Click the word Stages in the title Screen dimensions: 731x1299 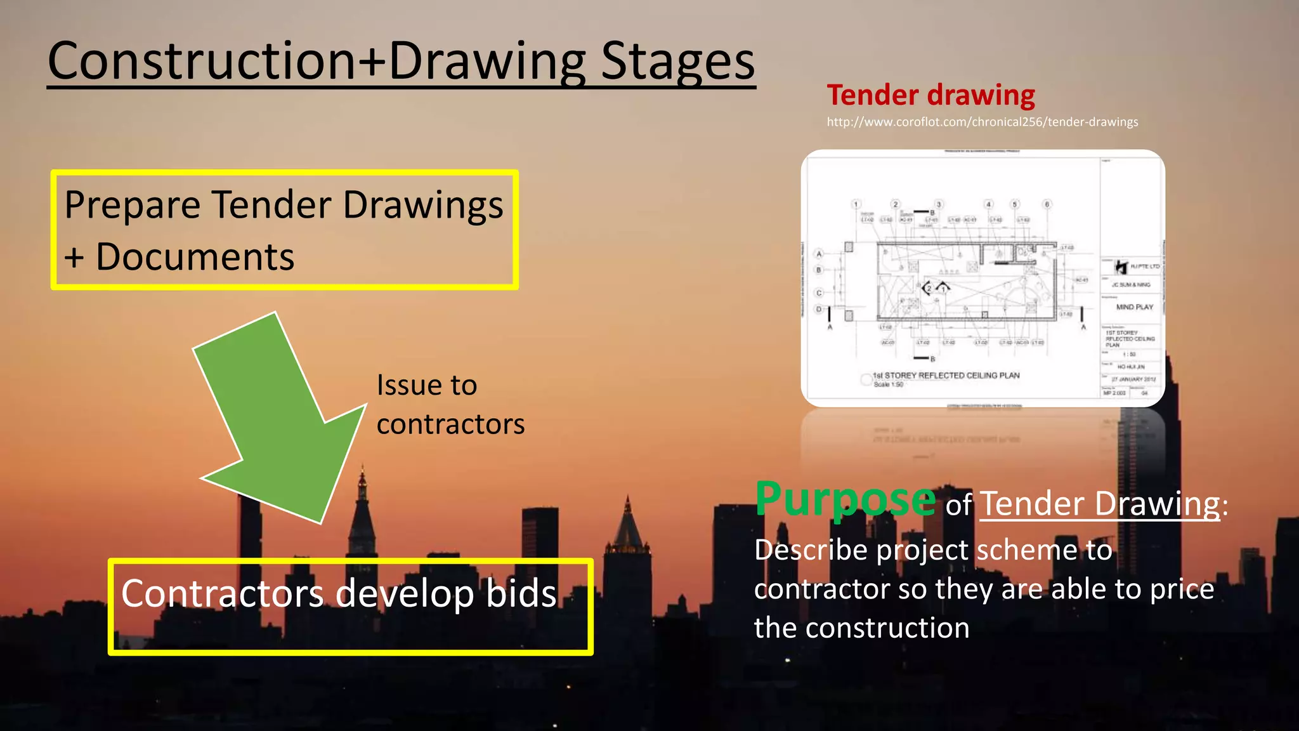pyautogui.click(x=677, y=62)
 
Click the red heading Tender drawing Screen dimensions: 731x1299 pyautogui.click(x=930, y=95)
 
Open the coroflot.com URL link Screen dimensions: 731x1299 pyautogui.click(x=982, y=122)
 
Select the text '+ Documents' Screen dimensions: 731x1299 pyautogui.click(x=180, y=257)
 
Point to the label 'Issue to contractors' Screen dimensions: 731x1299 pyautogui.click(x=450, y=404)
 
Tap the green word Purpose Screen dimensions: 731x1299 pyautogui.click(x=845, y=500)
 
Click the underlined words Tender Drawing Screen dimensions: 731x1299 pyautogui.click(x=1099, y=504)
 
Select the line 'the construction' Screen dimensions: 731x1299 pyautogui.click(x=861, y=628)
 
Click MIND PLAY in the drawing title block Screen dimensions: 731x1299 pyautogui.click(x=1135, y=307)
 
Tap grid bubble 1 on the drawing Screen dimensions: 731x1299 pyautogui.click(x=856, y=204)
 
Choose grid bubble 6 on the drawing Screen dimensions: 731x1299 pyautogui.click(x=1047, y=204)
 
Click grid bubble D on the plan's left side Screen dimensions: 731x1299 pyautogui.click(x=819, y=310)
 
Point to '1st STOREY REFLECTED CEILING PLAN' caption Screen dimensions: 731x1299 pyautogui.click(x=946, y=376)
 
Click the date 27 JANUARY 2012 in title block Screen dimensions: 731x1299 pyautogui.click(x=1133, y=379)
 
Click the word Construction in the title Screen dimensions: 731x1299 pyautogui.click(x=202, y=62)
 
